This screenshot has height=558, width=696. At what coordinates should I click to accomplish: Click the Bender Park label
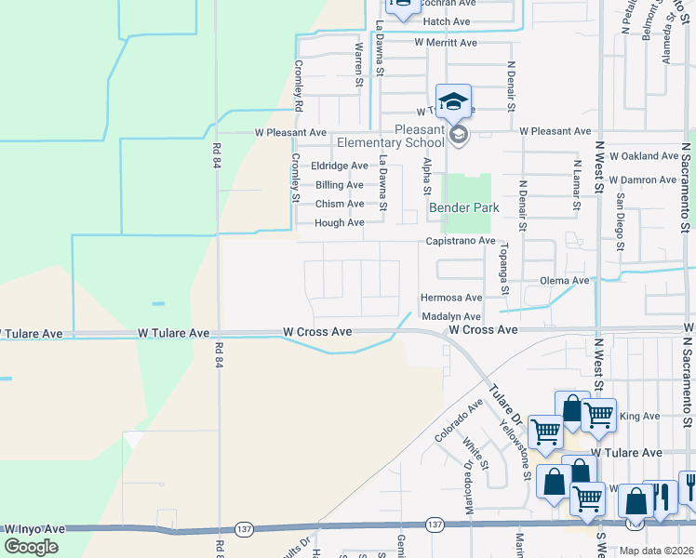pyautogui.click(x=463, y=207)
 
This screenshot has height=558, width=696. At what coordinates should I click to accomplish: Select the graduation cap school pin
pyautogui.click(x=453, y=102)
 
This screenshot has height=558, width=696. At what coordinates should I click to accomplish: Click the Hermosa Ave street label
pyautogui.click(x=450, y=298)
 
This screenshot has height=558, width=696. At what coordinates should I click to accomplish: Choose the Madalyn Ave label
pyautogui.click(x=450, y=316)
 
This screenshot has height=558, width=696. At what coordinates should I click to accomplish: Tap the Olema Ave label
pyautogui.click(x=567, y=280)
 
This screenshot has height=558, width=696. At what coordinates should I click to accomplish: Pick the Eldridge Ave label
pyautogui.click(x=340, y=166)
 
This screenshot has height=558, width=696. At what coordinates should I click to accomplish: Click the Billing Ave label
pyautogui.click(x=340, y=185)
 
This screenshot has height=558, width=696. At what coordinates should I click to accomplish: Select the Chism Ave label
pyautogui.click(x=340, y=204)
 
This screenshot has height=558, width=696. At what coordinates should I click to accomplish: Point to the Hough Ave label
pyautogui.click(x=340, y=223)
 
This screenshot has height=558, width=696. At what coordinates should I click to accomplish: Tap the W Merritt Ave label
pyautogui.click(x=446, y=43)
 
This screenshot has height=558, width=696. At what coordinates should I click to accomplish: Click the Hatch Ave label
pyautogui.click(x=448, y=20)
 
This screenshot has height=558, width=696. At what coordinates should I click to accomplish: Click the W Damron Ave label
pyautogui.click(x=643, y=179)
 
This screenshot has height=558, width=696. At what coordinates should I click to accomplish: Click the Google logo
pyautogui.click(x=31, y=547)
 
